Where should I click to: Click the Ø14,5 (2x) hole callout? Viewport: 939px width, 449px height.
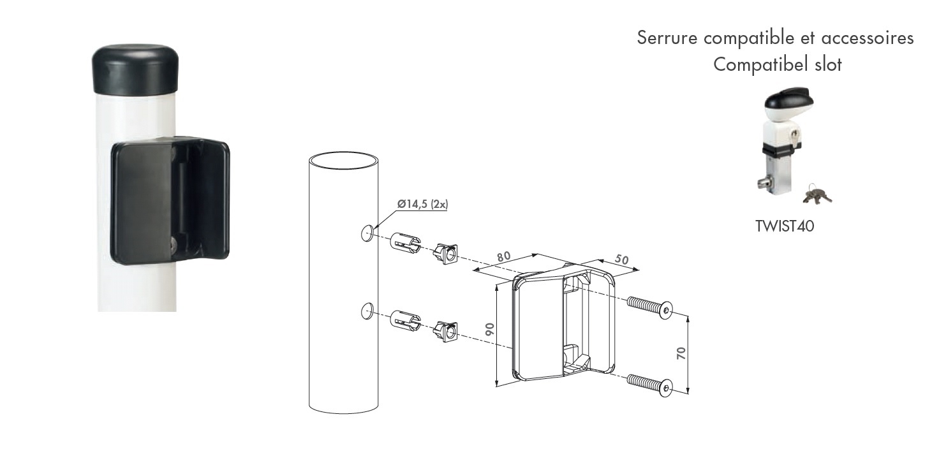(422, 204)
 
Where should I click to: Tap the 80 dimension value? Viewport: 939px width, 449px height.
(503, 256)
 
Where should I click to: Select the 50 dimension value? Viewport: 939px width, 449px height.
(621, 260)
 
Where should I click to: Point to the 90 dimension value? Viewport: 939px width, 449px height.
(489, 329)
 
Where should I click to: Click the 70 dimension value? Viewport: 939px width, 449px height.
(681, 353)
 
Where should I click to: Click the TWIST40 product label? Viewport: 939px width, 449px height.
(785, 226)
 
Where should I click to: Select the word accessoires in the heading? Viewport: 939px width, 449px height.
(867, 38)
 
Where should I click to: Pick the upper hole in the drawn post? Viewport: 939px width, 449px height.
(367, 233)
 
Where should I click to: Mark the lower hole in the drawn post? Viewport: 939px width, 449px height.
(367, 311)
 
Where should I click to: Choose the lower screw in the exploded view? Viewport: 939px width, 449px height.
(649, 385)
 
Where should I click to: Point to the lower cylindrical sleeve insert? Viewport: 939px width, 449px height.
(405, 320)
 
